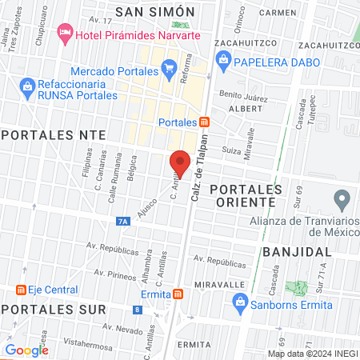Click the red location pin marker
[180, 163]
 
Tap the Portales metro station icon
[205, 122]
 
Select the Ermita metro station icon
[177, 294]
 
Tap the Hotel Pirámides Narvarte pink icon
[65, 34]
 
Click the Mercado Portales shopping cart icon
[169, 70]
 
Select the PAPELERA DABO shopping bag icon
[224, 58]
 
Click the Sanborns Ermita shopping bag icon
[239, 302]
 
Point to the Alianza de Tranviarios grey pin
[343, 198]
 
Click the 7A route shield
[122, 221]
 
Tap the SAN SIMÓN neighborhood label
[155, 11]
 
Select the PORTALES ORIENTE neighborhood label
[246, 195]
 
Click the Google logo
[26, 350]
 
